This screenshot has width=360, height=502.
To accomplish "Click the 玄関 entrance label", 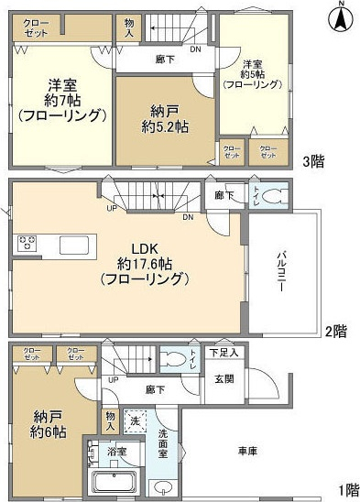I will [x=224, y=380].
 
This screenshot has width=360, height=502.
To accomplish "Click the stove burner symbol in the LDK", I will [x=25, y=244].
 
